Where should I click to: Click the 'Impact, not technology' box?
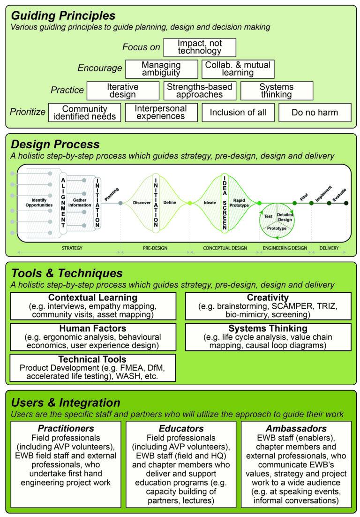click(200, 47)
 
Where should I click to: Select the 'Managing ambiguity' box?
click(161, 69)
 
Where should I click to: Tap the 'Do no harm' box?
click(315, 113)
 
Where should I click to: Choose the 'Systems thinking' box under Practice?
click(277, 91)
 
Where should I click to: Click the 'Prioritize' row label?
click(28, 112)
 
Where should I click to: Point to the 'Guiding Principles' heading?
click(63, 16)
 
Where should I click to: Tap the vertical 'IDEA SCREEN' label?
click(224, 202)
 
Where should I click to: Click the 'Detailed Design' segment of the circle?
click(285, 217)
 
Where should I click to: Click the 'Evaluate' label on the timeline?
click(339, 196)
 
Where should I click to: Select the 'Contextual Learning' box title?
click(93, 298)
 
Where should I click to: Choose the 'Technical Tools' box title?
click(93, 359)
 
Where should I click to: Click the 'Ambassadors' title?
click(296, 428)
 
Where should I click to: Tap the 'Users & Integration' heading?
click(66, 402)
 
